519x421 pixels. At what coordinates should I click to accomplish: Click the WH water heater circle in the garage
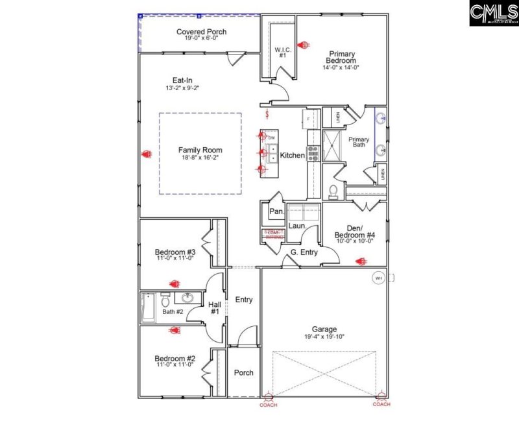coord(378,278)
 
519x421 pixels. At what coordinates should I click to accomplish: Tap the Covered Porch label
coord(201,32)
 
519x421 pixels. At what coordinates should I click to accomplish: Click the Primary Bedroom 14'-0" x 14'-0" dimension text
coord(341,67)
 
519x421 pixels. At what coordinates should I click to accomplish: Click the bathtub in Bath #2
coord(149,308)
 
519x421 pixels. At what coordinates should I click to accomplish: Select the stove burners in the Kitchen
coord(313,153)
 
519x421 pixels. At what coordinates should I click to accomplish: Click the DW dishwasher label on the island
coord(272,138)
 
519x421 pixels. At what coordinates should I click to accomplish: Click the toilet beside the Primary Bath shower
coord(333,191)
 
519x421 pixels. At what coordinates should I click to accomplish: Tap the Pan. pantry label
coord(276,211)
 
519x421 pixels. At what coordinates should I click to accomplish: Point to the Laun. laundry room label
coord(297,226)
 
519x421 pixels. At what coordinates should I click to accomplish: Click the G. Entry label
coord(304,252)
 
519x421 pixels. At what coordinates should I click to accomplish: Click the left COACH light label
coord(269,404)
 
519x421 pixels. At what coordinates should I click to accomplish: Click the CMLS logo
coord(492,13)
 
